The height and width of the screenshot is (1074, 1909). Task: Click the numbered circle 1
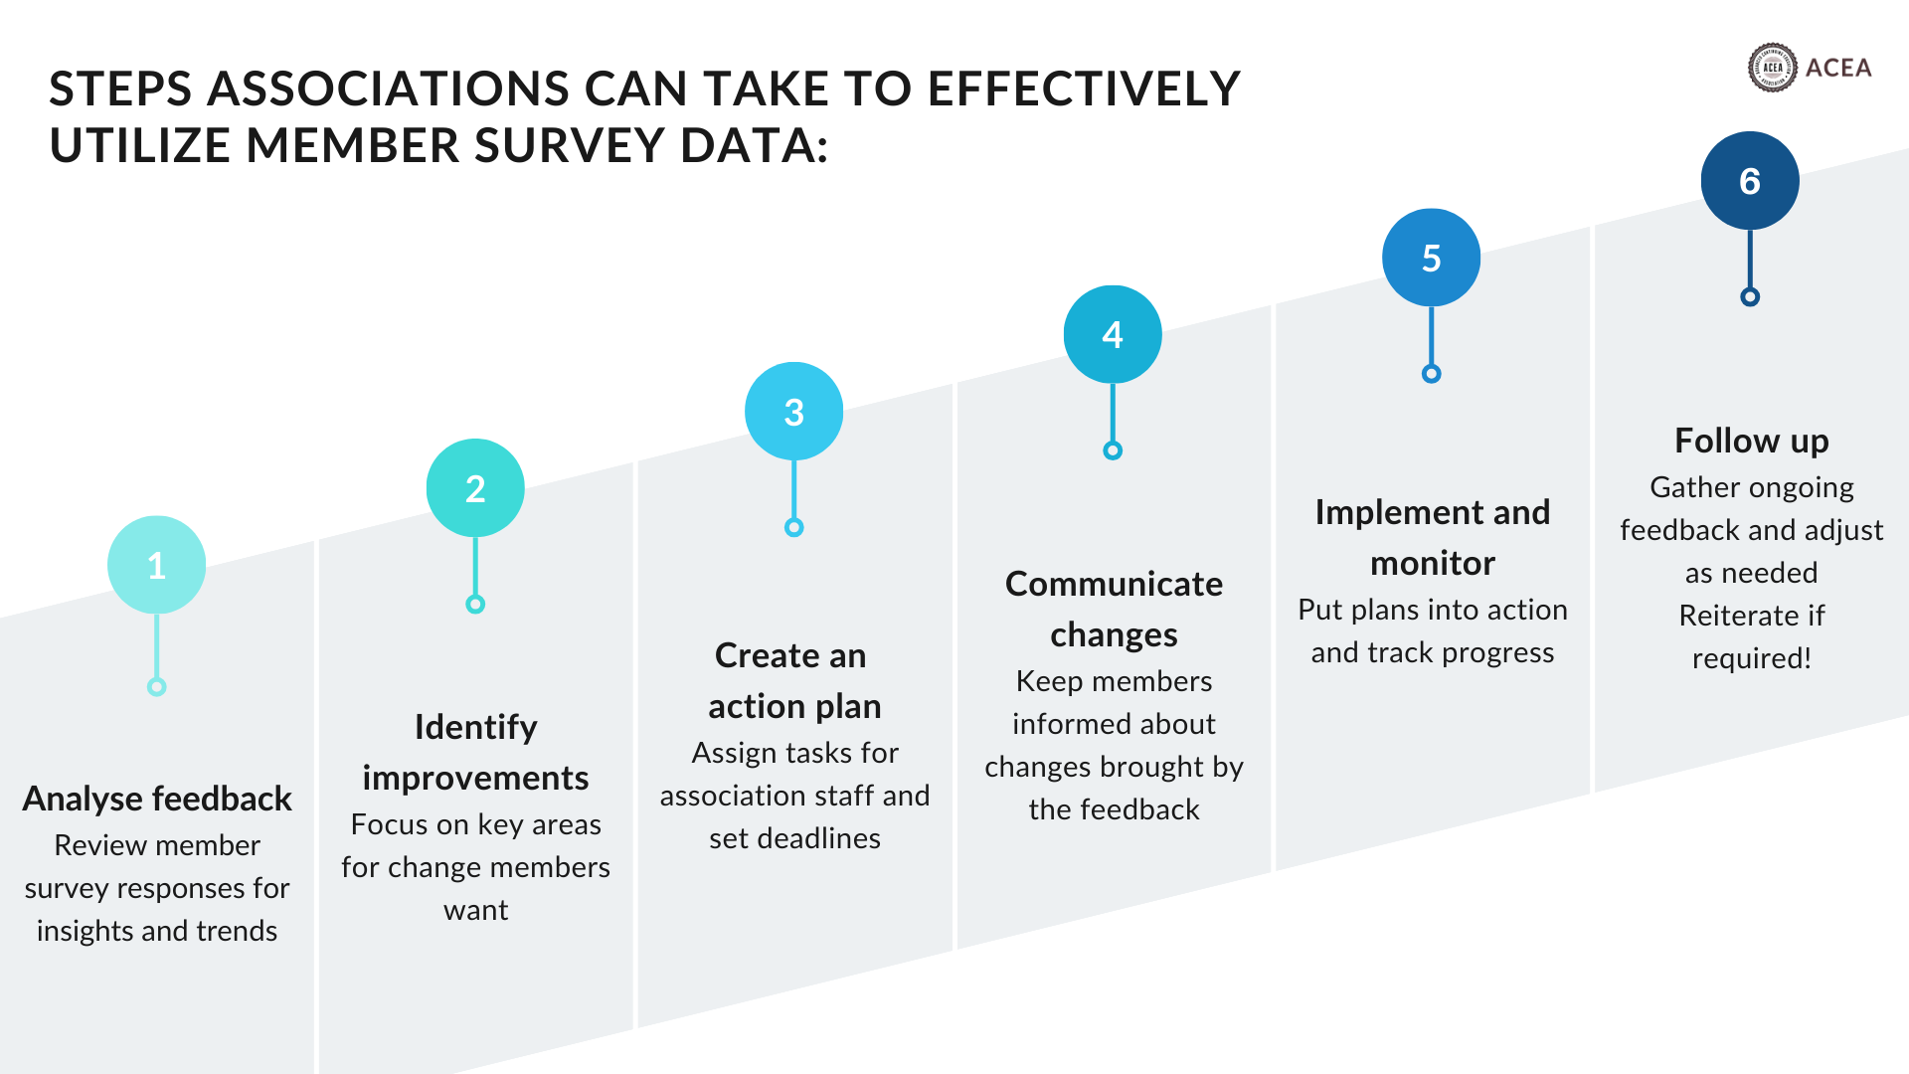point(156,565)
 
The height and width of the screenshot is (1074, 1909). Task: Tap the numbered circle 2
point(475,488)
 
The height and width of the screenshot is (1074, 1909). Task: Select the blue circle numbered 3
point(793,412)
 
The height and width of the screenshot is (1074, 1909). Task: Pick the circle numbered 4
point(1113,334)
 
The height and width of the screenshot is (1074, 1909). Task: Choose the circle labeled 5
point(1431,258)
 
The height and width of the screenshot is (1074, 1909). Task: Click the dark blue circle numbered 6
point(1750,181)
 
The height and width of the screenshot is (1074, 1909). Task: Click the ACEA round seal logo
point(1772,68)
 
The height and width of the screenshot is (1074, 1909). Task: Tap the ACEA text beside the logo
point(1838,68)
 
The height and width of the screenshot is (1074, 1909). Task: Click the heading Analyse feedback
point(157,799)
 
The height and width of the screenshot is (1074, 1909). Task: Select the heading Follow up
point(1751,441)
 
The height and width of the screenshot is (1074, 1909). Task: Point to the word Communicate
point(1114,584)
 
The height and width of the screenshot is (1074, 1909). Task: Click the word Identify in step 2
point(475,727)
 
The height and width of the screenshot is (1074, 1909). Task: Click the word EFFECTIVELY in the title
point(1084,89)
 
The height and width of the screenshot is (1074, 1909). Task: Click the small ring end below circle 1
point(156,687)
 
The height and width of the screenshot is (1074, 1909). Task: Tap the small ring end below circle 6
point(1750,296)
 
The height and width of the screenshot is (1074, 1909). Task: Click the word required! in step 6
point(1751,658)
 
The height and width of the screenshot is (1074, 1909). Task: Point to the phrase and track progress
point(1432,652)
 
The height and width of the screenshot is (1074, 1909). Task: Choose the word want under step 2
point(475,910)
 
